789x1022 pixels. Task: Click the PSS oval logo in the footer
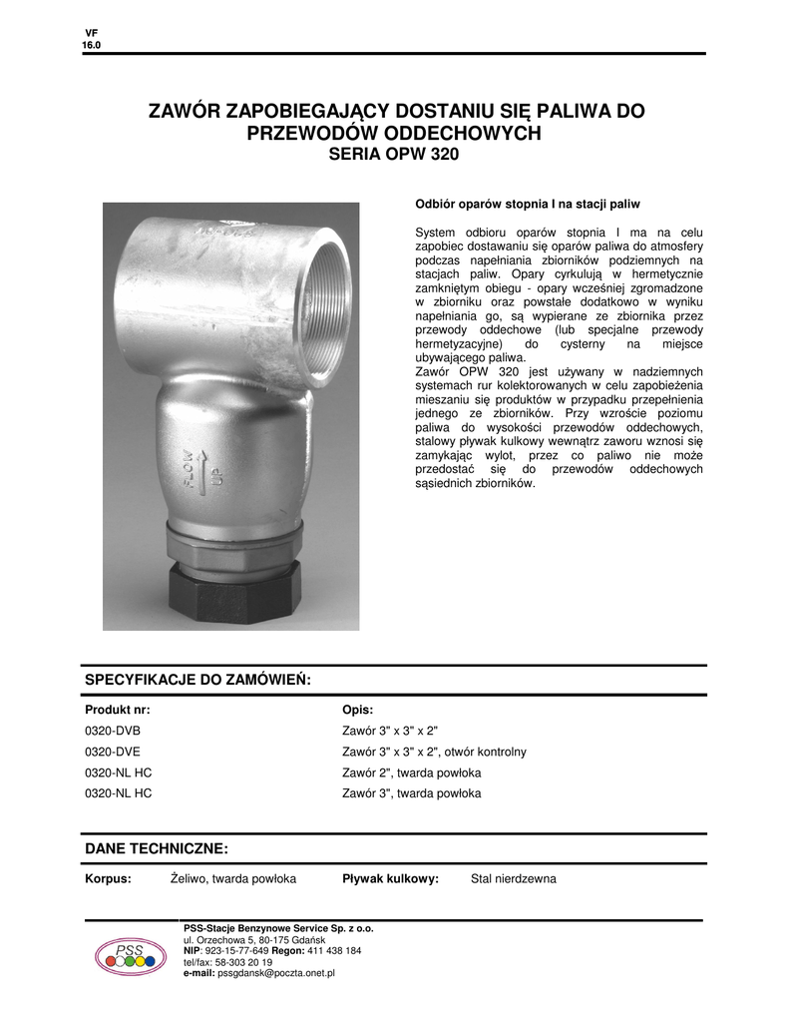(131, 956)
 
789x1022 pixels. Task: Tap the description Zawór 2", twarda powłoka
(411, 772)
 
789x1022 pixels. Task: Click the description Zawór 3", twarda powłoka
(411, 793)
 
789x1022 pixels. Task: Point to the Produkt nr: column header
(118, 710)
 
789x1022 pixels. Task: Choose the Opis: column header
(357, 710)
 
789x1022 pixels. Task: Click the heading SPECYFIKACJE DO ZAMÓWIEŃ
(198, 680)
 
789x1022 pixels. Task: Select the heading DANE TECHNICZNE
(157, 848)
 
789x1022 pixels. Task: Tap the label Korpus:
(108, 879)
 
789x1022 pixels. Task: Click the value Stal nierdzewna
(513, 879)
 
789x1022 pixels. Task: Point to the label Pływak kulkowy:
(390, 879)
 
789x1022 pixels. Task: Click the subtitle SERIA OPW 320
(394, 156)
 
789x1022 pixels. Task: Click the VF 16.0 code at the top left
(91, 40)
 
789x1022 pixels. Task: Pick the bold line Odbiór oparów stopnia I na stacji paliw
(527, 204)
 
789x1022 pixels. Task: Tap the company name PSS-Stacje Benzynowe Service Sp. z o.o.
(278, 929)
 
